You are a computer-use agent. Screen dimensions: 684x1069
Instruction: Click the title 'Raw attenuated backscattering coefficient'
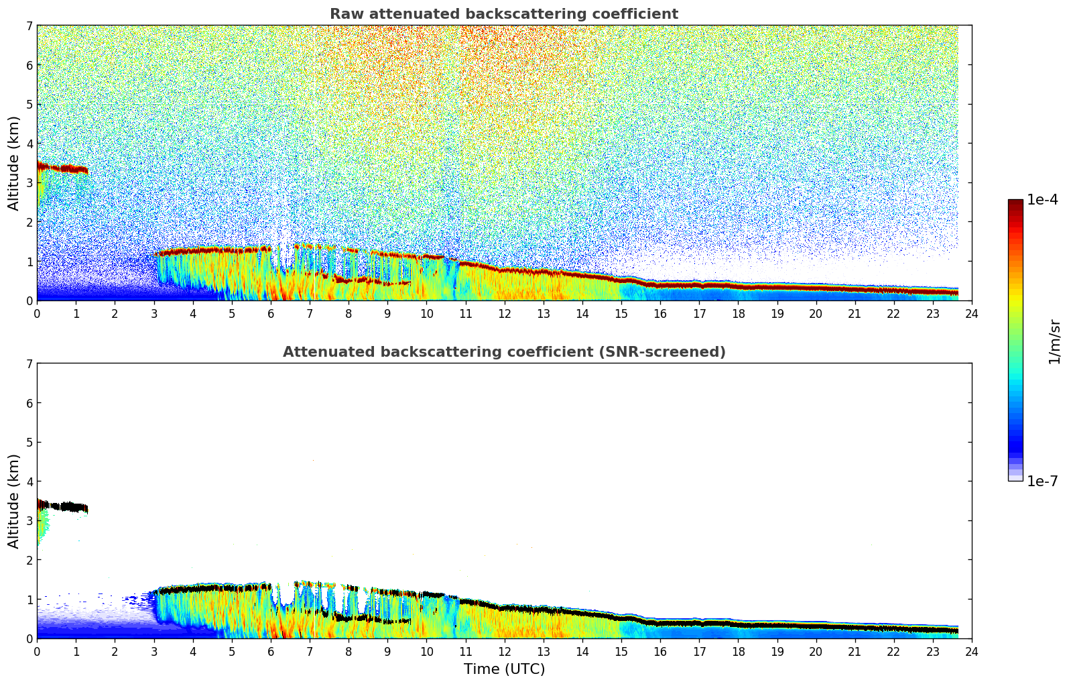[503, 14]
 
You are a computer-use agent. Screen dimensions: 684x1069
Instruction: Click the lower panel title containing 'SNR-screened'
[503, 352]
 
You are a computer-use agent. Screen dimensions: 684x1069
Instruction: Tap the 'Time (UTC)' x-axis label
[504, 669]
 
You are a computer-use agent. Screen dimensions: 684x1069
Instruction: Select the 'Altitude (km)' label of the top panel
[14, 163]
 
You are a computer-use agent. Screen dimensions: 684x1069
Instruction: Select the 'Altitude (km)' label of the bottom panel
[14, 501]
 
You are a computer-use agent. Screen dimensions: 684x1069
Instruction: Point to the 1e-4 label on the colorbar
[1042, 200]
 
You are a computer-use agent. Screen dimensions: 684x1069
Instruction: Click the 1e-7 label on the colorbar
[1042, 481]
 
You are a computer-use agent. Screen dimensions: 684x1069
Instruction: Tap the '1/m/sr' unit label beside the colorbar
[1054, 341]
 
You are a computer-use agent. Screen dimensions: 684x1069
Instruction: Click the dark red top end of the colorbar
[1015, 203]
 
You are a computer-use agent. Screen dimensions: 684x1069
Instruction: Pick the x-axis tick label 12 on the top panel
[504, 313]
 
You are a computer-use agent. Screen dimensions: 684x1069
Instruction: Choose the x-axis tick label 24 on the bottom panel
[971, 651]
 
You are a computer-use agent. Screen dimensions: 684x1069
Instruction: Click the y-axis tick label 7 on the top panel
[29, 26]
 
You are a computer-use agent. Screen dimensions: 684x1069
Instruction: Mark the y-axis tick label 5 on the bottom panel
[29, 443]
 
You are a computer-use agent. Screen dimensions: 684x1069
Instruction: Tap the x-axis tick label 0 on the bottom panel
[37, 651]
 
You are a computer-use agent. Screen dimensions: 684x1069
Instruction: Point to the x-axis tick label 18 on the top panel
[738, 313]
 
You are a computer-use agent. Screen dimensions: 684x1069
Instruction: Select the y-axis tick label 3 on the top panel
[29, 183]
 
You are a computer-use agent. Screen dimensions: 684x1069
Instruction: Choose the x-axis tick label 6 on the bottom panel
[271, 651]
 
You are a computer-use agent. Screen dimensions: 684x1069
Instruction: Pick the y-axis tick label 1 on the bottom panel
[29, 600]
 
